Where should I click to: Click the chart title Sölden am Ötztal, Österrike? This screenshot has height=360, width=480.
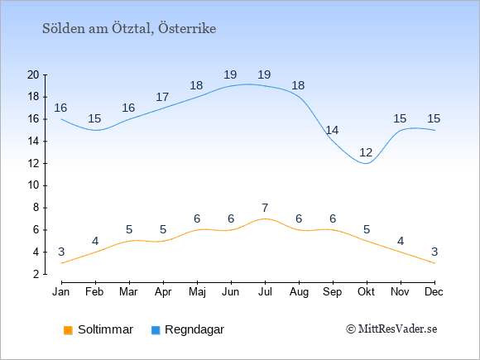tap(129, 29)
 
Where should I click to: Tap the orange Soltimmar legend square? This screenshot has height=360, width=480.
tap(68, 330)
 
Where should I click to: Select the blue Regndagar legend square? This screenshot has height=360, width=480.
tap(156, 330)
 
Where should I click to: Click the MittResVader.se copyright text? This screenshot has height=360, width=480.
tap(391, 329)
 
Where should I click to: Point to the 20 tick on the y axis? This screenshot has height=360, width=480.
tap(33, 74)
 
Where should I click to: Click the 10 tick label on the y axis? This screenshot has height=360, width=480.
tap(33, 185)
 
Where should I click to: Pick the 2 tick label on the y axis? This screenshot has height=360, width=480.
tap(36, 274)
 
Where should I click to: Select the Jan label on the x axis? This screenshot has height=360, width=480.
tap(61, 292)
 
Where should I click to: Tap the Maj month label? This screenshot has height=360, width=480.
tap(197, 292)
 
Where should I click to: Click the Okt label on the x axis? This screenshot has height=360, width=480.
tap(366, 292)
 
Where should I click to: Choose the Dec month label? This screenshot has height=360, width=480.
tap(434, 292)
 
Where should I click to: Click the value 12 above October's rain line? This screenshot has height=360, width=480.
tap(366, 152)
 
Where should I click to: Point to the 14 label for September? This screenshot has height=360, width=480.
tap(332, 131)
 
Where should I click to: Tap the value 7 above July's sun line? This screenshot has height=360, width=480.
tap(265, 209)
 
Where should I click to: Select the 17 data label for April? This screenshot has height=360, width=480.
tap(162, 98)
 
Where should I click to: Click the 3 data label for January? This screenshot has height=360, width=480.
tap(61, 252)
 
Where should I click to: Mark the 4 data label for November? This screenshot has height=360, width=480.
tap(401, 241)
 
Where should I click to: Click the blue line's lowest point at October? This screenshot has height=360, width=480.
tap(367, 164)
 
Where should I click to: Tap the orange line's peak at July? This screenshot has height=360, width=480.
tap(265, 218)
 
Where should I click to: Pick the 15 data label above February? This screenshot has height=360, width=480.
tap(94, 119)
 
